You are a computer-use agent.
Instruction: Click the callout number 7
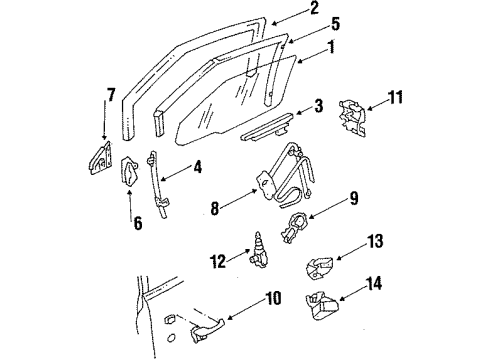tap(111, 96)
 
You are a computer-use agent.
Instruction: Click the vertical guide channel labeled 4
tap(157, 185)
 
